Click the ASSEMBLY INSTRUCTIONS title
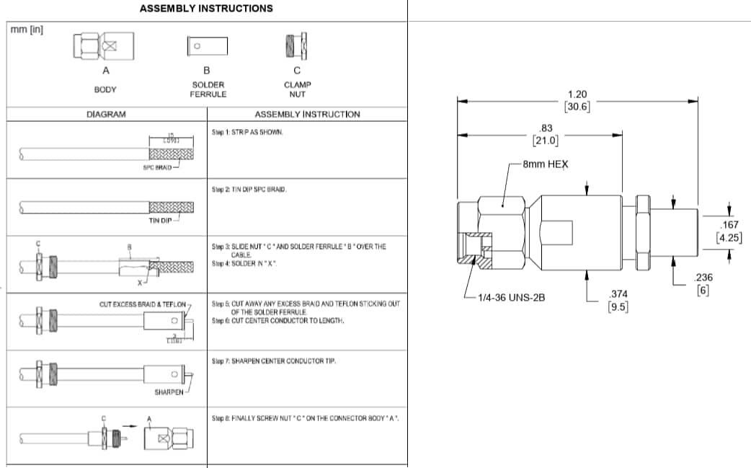206,9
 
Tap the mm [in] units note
26,30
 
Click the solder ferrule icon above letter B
208,47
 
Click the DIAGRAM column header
106,114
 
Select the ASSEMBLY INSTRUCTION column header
307,114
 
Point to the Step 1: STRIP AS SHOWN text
248,133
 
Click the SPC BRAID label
158,167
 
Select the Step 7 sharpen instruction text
265,360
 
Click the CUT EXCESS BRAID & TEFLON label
142,304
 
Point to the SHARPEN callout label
169,392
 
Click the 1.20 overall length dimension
577,94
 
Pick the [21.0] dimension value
545,139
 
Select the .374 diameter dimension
618,293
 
